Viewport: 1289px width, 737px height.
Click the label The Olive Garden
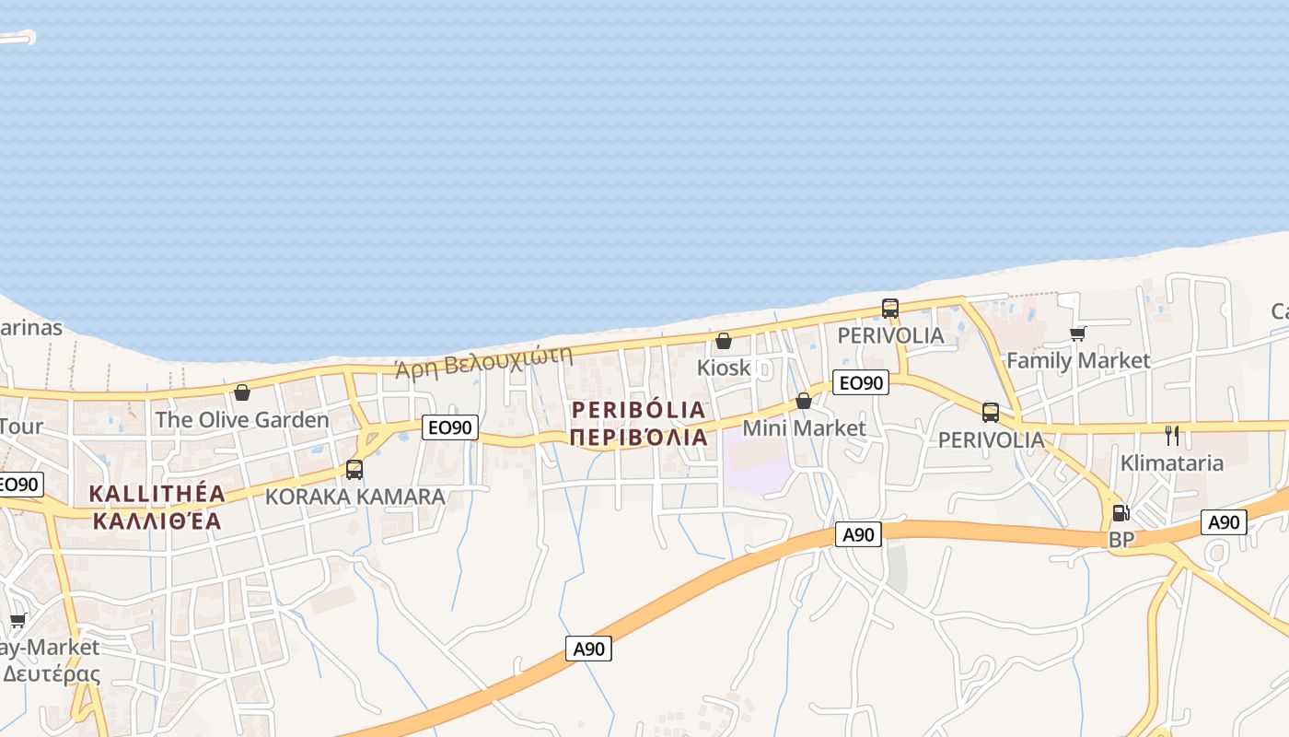pyautogui.click(x=241, y=420)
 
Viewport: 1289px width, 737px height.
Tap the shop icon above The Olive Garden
pyautogui.click(x=242, y=393)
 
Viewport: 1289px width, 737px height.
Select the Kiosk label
pyautogui.click(x=724, y=368)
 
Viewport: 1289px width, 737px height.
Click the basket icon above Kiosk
pyautogui.click(x=724, y=342)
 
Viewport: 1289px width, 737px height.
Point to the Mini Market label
pyautogui.click(x=804, y=428)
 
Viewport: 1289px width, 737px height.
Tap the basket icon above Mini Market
pyautogui.click(x=804, y=402)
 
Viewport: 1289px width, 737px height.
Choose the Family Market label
pyautogui.click(x=1078, y=360)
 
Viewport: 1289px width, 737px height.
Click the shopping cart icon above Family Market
pyautogui.click(x=1077, y=333)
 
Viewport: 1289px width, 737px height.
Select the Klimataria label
pyautogui.click(x=1172, y=462)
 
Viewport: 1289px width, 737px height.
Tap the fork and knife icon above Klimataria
pyautogui.click(x=1172, y=436)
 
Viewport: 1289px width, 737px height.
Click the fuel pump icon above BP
pyautogui.click(x=1121, y=513)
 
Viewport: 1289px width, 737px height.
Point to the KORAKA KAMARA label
pyautogui.click(x=355, y=497)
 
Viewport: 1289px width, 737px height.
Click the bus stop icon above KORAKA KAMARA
pyautogui.click(x=354, y=470)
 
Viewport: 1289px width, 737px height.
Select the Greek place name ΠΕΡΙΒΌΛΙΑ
pyautogui.click(x=639, y=438)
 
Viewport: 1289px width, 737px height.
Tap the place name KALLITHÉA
pyautogui.click(x=157, y=494)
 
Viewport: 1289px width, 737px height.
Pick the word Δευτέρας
pyautogui.click(x=52, y=673)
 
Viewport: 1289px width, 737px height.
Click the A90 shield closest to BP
pyautogui.click(x=1224, y=523)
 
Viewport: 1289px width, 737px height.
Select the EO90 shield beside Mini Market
pyautogui.click(x=860, y=382)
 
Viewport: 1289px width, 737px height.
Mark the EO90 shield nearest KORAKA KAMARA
pyautogui.click(x=450, y=427)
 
